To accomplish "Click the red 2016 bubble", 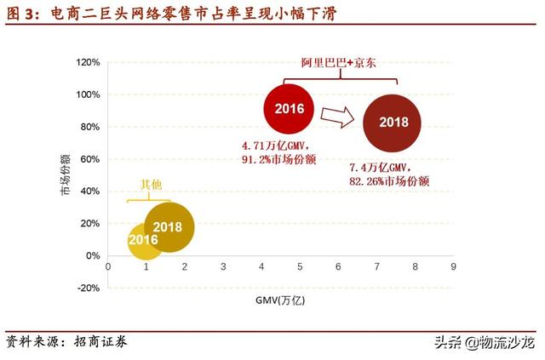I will click(x=290, y=108).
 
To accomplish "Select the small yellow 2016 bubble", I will click(x=143, y=241).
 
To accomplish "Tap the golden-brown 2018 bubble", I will click(x=169, y=227).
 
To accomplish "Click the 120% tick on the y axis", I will click(x=88, y=63).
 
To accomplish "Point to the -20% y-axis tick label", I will click(x=88, y=288).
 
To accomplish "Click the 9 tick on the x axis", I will click(x=454, y=266).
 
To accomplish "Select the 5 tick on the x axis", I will click(x=300, y=266).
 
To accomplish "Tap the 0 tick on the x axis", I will click(x=108, y=266).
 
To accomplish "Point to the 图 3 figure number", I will click(x=19, y=11).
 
